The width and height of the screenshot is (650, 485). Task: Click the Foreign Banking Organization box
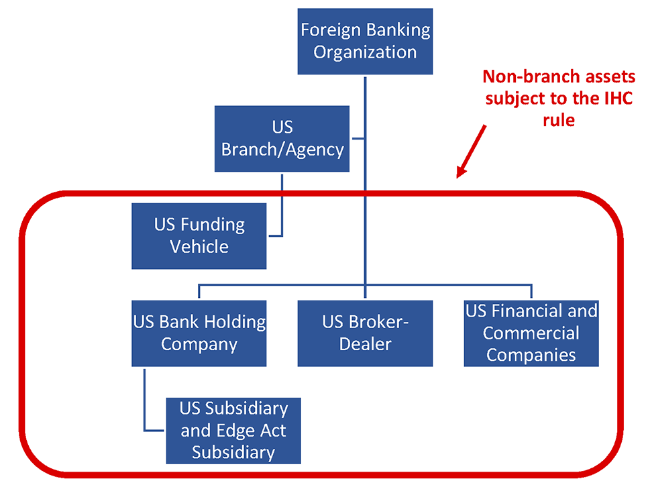point(365,41)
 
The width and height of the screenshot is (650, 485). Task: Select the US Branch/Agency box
point(282,138)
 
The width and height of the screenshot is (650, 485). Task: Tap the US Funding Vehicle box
point(199,235)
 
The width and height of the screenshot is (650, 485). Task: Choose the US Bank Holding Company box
point(199,333)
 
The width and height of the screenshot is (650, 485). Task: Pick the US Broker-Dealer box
point(365,333)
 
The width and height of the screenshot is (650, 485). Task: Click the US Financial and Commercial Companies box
point(531,333)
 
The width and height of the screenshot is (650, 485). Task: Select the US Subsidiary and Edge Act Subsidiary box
point(233,431)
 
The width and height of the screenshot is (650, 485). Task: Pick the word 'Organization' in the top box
point(365,52)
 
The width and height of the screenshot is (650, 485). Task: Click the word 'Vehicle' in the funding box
point(199,247)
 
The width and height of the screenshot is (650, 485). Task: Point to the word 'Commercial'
point(531,333)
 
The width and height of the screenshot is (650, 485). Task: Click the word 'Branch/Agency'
point(282,149)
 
